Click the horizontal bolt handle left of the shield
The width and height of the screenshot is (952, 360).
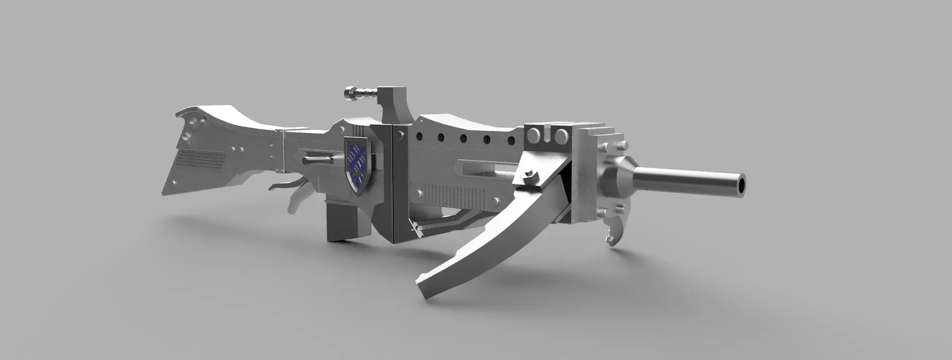[x=316, y=159]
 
